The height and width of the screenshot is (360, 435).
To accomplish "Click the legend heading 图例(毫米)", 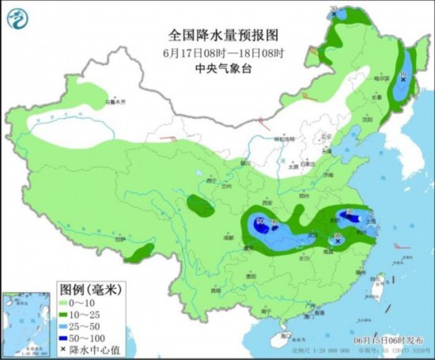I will (88, 290).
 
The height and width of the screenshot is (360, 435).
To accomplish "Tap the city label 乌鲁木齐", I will (116, 102).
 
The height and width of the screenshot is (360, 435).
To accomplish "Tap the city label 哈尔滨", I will (382, 78).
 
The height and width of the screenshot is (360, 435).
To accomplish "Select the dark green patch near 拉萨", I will (139, 252).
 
